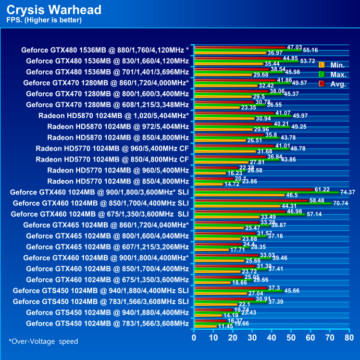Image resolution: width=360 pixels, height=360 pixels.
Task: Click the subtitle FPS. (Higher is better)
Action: tap(44, 20)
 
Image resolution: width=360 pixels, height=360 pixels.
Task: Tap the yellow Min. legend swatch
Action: tap(321, 65)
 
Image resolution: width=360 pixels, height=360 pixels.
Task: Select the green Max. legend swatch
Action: tap(321, 74)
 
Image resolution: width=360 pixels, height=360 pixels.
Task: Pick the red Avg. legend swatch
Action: tap(321, 83)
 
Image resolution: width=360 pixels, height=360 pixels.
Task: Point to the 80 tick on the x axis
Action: tap(347, 338)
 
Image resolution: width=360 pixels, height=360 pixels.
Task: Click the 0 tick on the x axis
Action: tap(194, 338)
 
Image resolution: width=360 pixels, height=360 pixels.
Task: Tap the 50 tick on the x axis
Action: tap(290, 338)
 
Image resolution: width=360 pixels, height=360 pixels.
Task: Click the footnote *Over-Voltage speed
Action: tap(43, 341)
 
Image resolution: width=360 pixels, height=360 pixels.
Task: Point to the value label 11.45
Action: tap(226, 327)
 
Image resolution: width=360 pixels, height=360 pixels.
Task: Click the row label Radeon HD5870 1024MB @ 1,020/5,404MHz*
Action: tap(114, 115)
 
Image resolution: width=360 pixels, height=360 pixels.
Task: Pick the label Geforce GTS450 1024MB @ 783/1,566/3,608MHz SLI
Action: tap(101, 301)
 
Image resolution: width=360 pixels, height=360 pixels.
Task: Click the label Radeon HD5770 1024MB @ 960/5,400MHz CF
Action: tap(112, 148)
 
